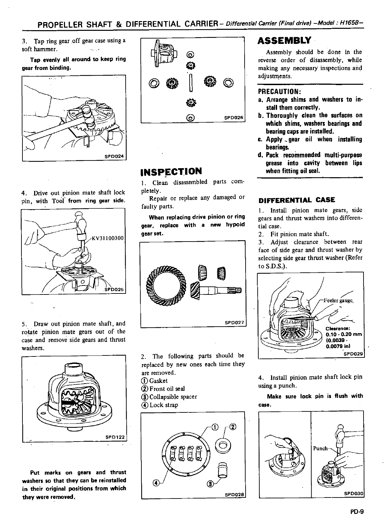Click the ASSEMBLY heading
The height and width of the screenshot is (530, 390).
[x=284, y=41]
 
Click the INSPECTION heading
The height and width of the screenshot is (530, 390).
[x=171, y=171]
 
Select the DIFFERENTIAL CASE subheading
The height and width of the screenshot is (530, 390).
[x=297, y=200]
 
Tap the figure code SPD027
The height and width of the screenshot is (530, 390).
[x=234, y=323]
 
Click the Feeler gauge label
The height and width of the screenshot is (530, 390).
[x=337, y=301]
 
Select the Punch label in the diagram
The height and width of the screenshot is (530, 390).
[x=320, y=448]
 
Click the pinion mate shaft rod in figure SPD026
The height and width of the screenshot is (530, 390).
[x=191, y=83]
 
